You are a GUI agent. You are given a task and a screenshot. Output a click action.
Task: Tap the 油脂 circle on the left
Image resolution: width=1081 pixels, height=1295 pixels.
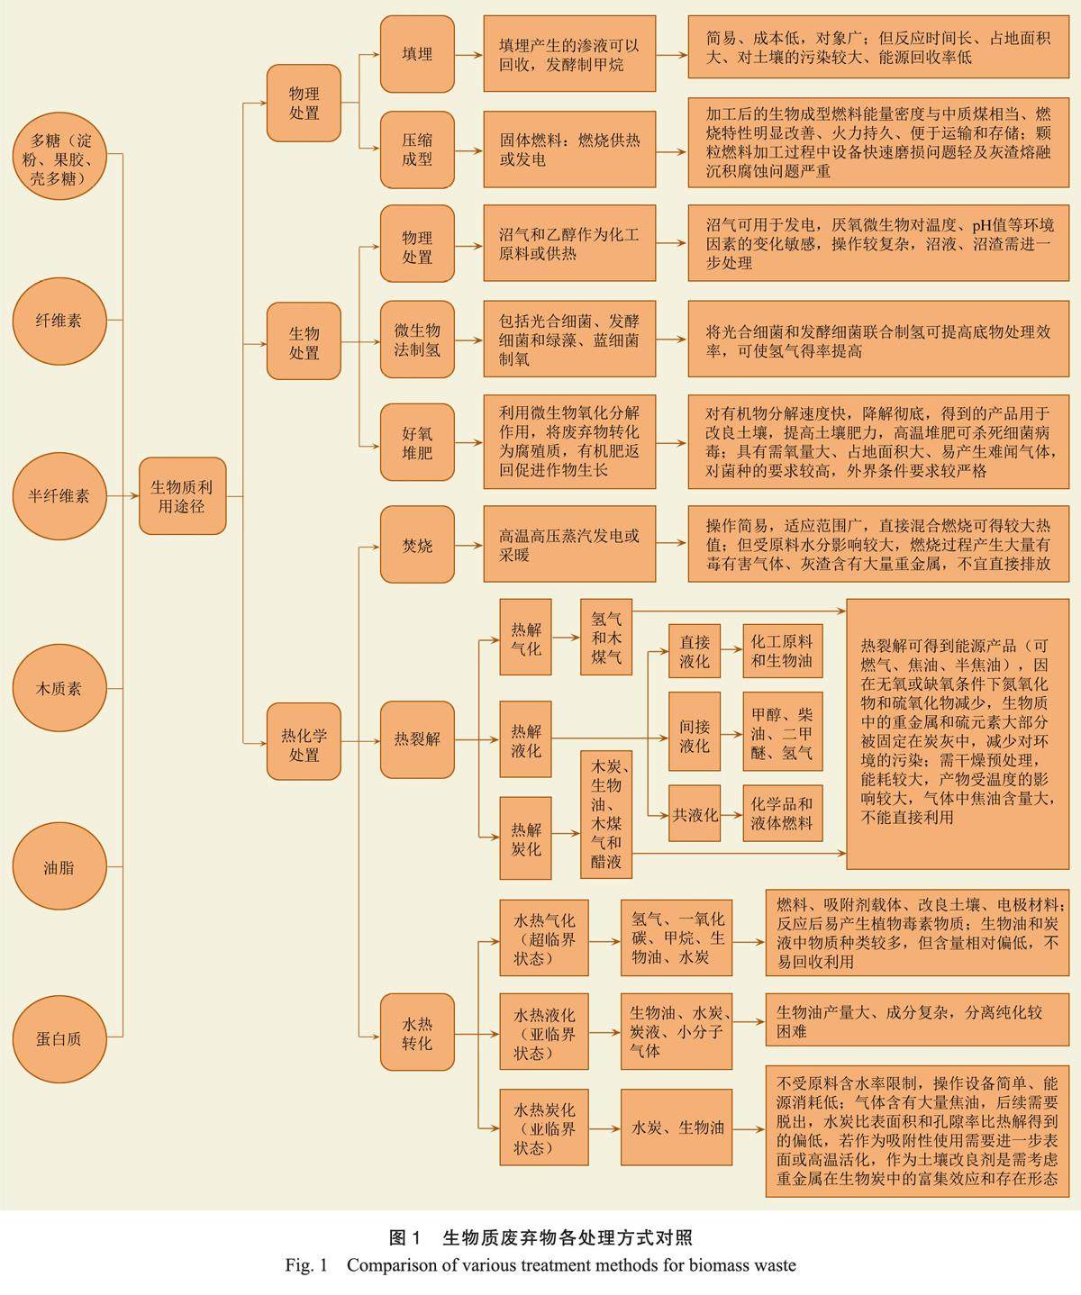(x=59, y=867)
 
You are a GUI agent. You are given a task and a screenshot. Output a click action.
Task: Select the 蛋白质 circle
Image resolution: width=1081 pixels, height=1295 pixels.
(x=59, y=1037)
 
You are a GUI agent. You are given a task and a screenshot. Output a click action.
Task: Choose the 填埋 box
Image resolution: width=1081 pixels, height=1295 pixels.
(x=416, y=54)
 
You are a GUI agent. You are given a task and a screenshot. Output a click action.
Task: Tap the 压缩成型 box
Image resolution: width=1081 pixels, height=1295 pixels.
(x=416, y=149)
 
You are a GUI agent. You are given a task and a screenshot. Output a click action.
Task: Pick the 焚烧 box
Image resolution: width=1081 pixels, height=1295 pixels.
(x=416, y=545)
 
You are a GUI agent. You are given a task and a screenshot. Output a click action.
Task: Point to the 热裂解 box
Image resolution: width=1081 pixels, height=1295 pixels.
(x=416, y=739)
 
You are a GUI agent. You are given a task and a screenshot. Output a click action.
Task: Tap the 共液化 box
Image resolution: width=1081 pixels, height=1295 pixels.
(x=694, y=814)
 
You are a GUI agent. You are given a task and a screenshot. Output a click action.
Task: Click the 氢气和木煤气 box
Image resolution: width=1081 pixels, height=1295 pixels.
(x=605, y=638)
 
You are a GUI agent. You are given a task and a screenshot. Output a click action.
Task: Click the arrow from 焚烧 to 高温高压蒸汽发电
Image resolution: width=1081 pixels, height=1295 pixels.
(x=468, y=545)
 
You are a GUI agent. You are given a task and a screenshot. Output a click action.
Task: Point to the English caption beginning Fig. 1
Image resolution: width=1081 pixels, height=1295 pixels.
(x=540, y=1265)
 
